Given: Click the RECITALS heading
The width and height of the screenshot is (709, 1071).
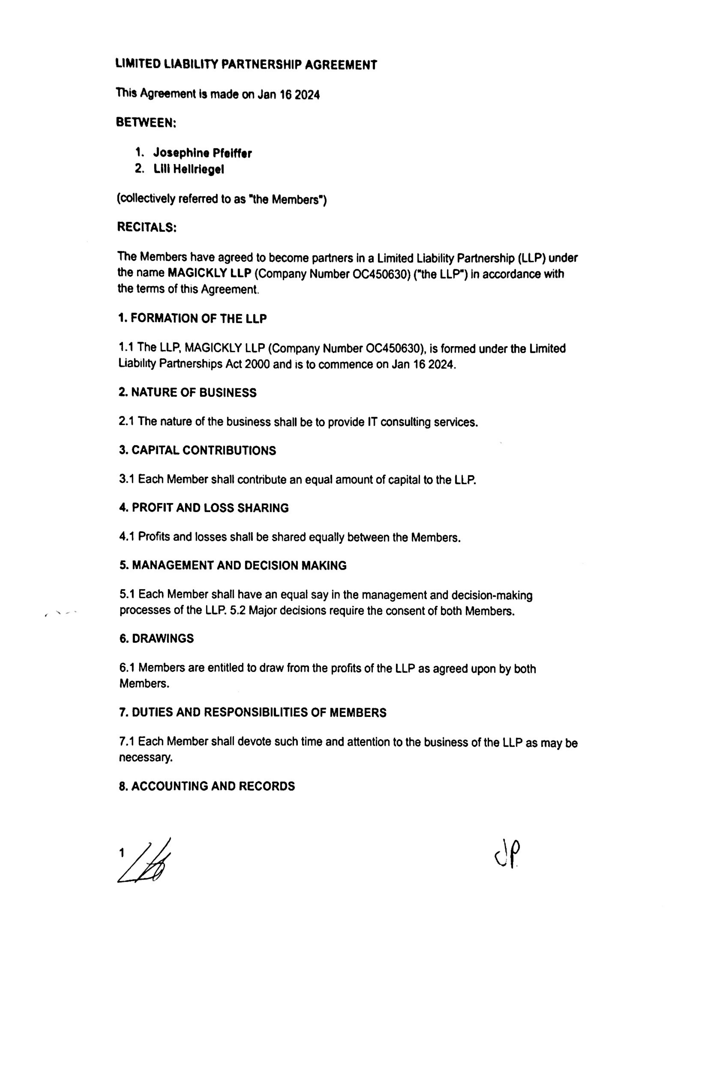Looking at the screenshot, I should (146, 227).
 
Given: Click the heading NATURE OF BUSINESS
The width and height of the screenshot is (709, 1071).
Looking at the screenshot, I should (194, 392).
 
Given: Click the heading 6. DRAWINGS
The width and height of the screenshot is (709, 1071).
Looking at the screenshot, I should (156, 638).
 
